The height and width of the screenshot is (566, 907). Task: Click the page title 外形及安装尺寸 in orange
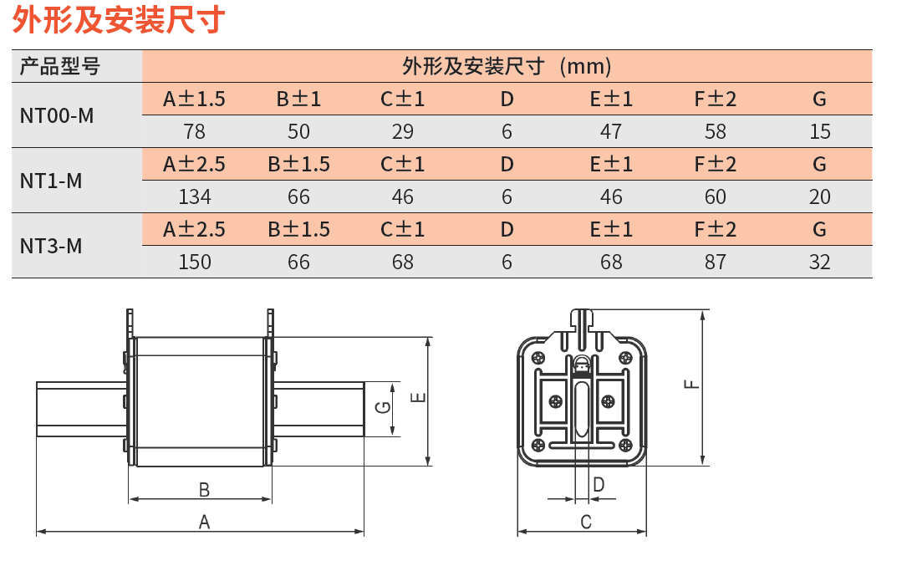tap(119, 20)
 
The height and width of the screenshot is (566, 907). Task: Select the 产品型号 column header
tap(60, 66)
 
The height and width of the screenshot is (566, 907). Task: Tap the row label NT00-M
tap(57, 115)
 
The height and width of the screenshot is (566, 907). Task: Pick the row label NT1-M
tap(51, 181)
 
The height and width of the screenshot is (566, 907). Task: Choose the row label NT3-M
tap(51, 247)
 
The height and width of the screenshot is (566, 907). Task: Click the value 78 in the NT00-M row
tap(194, 132)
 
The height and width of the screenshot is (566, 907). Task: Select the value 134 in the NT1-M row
tap(194, 197)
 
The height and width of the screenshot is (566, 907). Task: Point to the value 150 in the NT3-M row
tap(194, 263)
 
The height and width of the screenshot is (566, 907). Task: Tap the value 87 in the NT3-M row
tap(716, 263)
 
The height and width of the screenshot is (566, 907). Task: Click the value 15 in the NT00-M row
tap(820, 132)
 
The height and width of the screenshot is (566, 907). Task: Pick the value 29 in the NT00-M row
tap(403, 132)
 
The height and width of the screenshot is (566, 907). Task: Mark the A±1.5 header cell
tap(194, 99)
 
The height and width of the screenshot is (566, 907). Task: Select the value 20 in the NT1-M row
tap(820, 197)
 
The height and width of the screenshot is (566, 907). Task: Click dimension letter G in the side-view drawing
tap(383, 407)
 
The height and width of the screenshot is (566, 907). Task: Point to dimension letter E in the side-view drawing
tap(418, 398)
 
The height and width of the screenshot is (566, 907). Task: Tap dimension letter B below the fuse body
tap(204, 490)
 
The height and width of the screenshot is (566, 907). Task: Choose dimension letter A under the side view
tap(204, 523)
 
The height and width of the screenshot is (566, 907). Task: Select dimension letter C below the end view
tap(586, 523)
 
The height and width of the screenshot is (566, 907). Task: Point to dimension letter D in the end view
tap(599, 485)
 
